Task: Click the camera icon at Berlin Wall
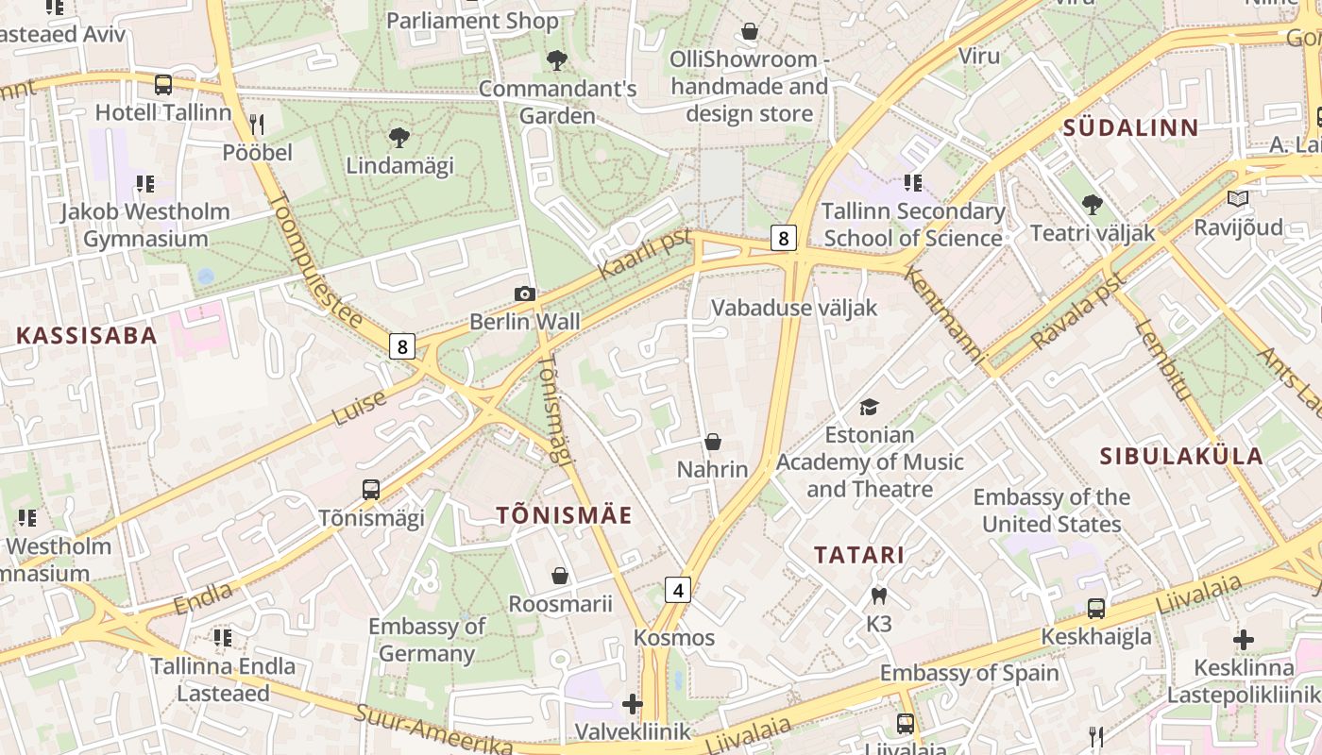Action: [525, 294]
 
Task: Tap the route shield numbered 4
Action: [677, 590]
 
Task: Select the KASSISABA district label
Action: [87, 336]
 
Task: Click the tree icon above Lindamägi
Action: [399, 138]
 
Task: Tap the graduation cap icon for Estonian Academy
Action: [869, 407]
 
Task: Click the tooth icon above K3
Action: [878, 596]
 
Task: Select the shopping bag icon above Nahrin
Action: [713, 442]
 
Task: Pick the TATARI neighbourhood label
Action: [859, 555]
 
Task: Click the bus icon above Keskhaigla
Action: [1095, 609]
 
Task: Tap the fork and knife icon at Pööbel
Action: [257, 124]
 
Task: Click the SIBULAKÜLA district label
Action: [1180, 457]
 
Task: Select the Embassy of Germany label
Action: [427, 639]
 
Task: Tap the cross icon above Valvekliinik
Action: [633, 704]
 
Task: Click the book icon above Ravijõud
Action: [1237, 199]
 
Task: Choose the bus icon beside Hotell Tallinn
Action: [163, 85]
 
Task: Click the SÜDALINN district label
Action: [1130, 128]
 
